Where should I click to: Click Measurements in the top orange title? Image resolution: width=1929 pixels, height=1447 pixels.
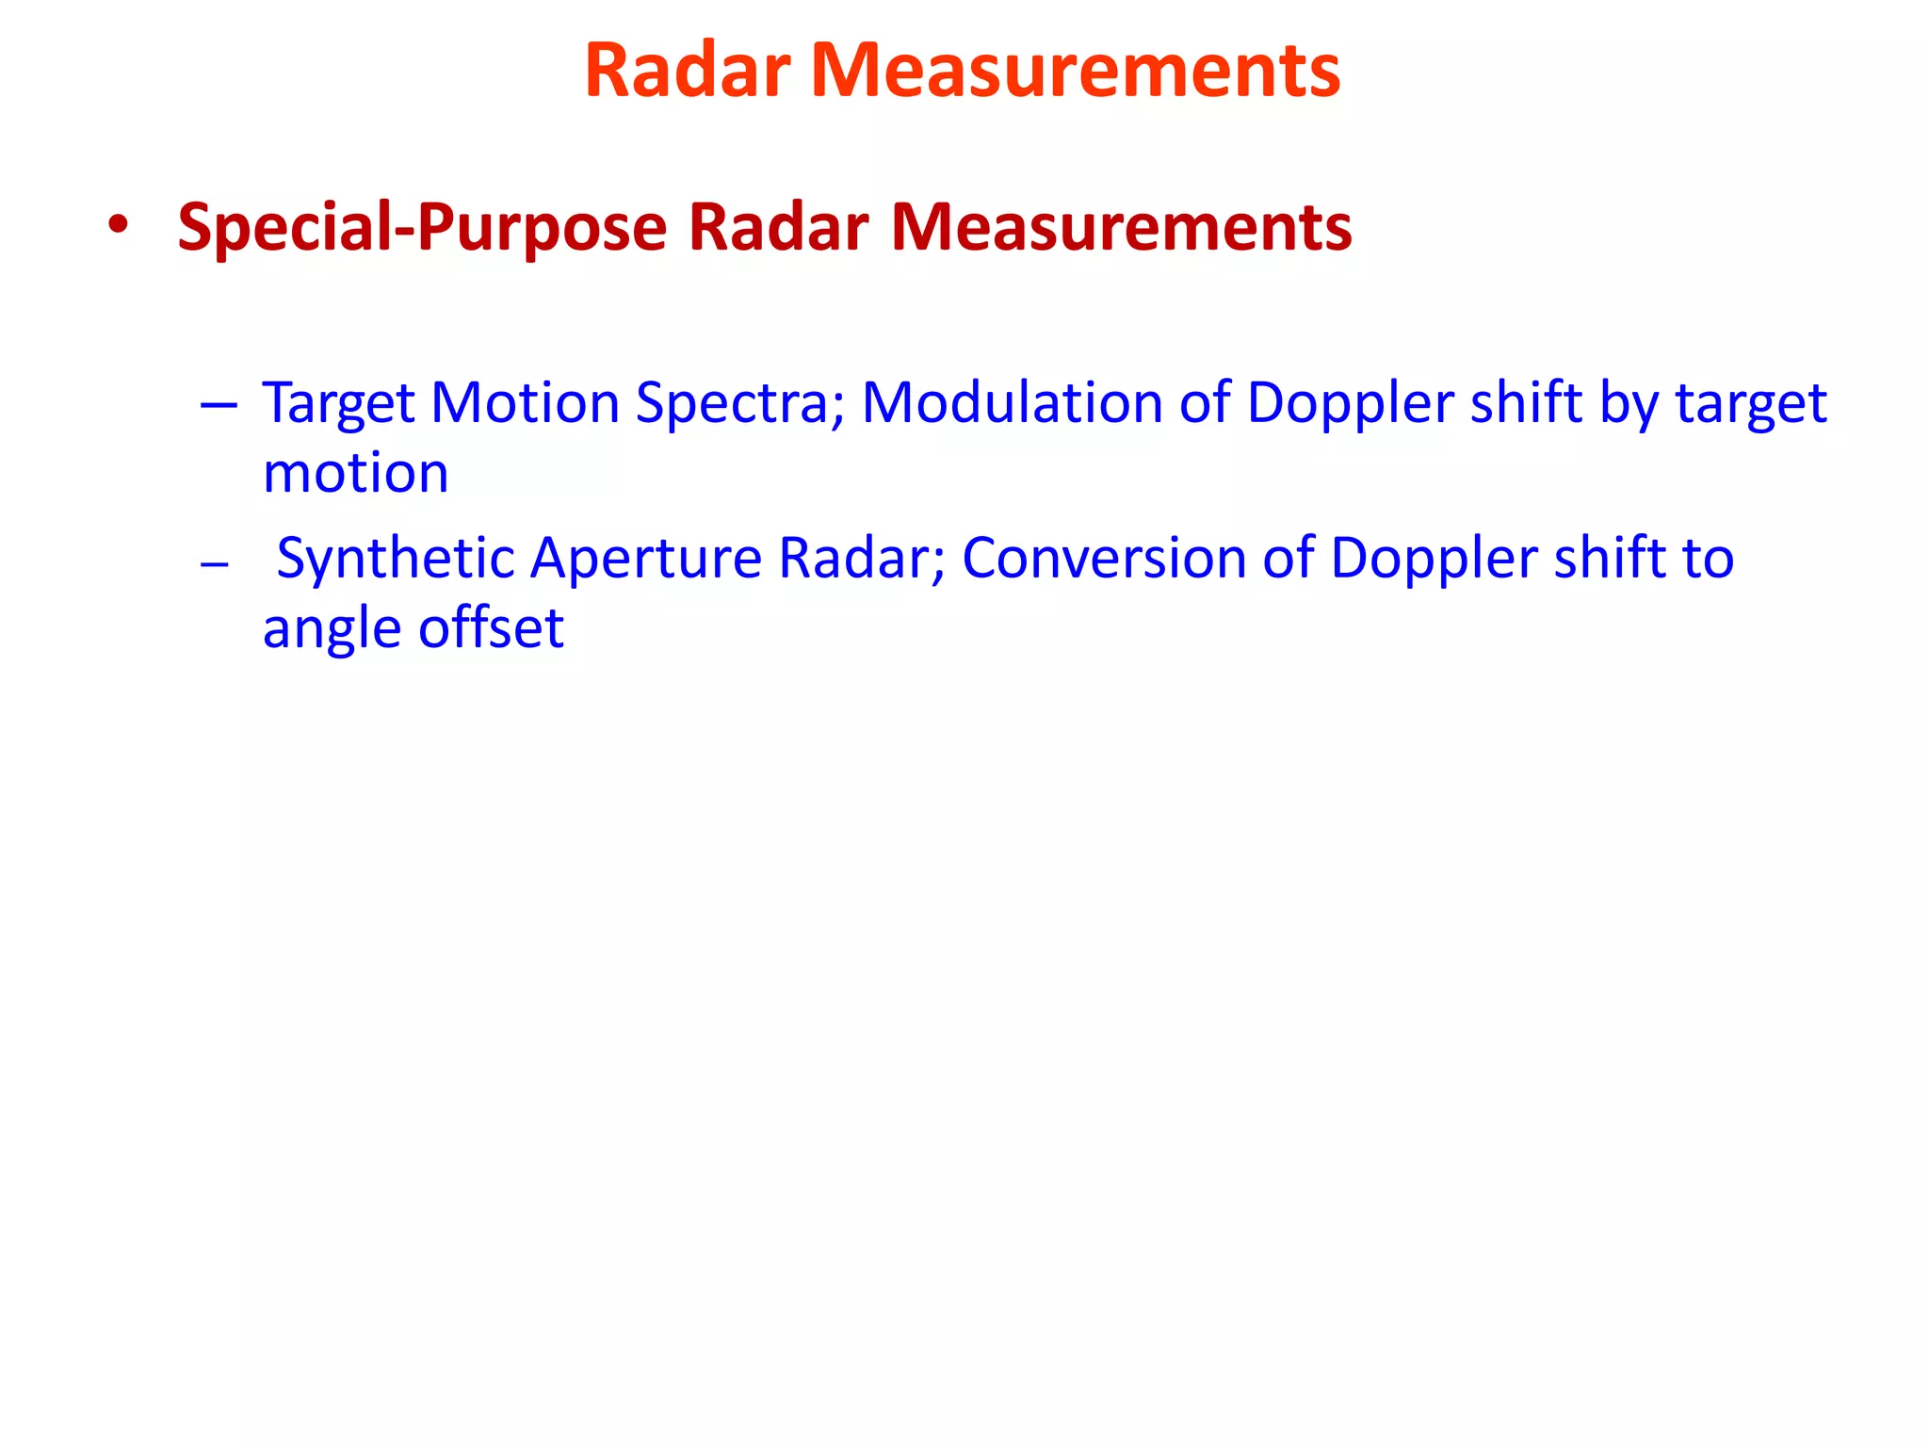[1075, 71]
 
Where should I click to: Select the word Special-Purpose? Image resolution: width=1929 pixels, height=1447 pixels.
[422, 228]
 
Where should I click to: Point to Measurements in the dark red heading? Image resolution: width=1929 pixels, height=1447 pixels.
[1121, 228]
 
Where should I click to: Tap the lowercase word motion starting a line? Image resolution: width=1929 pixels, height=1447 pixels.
[355, 473]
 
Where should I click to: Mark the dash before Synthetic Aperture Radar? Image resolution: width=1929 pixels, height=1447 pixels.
[215, 564]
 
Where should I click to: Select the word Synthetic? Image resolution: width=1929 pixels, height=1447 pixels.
[395, 560]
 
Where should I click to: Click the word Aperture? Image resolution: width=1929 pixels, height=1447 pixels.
[646, 560]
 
